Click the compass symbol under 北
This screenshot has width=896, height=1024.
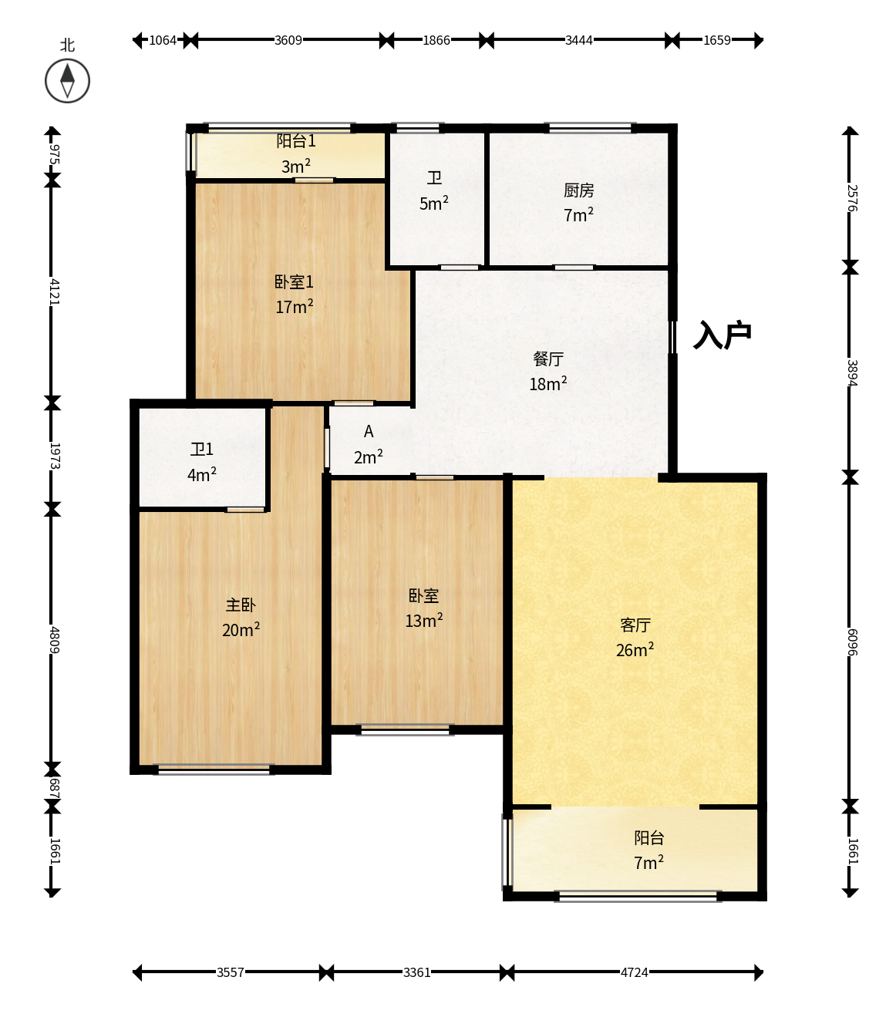pos(67,81)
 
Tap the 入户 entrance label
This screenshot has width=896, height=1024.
pos(723,335)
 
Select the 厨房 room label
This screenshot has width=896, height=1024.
pos(578,190)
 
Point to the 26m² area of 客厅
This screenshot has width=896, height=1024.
pos(635,649)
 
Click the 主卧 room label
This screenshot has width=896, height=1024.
pos(241,605)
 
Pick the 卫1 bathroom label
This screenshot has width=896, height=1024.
pos(202,449)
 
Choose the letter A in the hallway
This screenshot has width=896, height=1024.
pos(369,431)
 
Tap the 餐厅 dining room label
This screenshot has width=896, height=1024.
pos(548,359)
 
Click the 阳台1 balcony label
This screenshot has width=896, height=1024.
pos(296,141)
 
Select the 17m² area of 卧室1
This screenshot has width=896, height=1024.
pos(295,306)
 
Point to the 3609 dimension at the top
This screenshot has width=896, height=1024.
pos(288,40)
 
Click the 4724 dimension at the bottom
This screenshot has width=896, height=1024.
pos(634,972)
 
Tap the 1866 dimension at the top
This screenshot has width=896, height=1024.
pos(436,40)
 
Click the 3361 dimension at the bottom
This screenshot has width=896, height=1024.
pos(417,972)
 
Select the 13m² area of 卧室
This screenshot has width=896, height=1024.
pos(423,621)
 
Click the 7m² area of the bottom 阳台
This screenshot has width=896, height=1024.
pos(648,863)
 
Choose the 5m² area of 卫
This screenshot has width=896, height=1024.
pos(433,204)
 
